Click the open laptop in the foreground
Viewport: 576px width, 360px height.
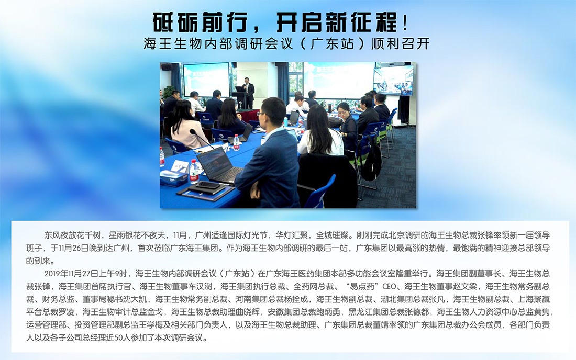pos(219,165)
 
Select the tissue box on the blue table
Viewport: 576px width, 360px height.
pos(173,178)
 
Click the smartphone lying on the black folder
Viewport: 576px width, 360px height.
pos(208,185)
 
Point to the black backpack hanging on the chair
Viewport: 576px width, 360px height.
pos(371,161)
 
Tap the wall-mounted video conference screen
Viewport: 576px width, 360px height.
pos(393,80)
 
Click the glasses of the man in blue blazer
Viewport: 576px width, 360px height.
pos(261,114)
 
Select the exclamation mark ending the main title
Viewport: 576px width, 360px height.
pos(405,22)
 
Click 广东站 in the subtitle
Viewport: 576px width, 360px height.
pos(332,43)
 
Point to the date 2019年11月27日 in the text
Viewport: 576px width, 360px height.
pos(76,273)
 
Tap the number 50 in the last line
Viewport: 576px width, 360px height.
pos(118,337)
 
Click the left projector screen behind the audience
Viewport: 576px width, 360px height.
pos(206,80)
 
